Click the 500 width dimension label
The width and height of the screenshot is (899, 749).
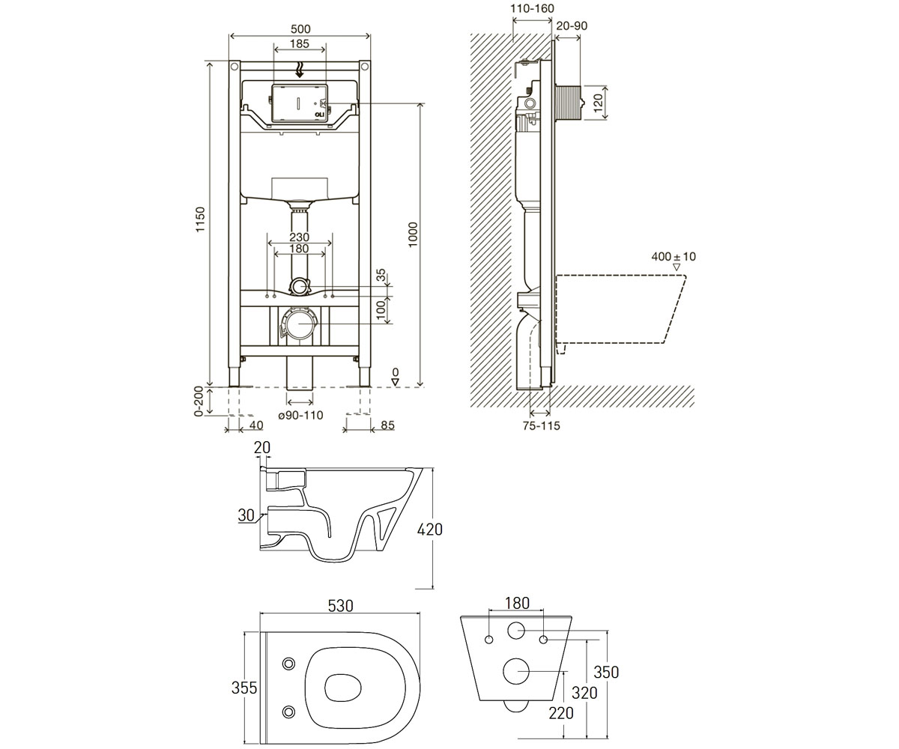click(300, 29)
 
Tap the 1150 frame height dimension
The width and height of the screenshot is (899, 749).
click(201, 219)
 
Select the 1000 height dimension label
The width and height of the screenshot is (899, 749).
click(413, 234)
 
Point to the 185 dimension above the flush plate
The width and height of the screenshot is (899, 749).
click(300, 43)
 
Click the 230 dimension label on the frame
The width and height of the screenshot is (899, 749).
click(299, 237)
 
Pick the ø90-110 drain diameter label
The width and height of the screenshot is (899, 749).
click(300, 416)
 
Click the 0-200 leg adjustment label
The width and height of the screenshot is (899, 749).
click(199, 401)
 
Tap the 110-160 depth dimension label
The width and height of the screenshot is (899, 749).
click(532, 8)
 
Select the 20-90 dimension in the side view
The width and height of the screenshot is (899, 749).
click(572, 25)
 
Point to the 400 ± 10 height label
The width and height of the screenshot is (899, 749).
click(674, 257)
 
